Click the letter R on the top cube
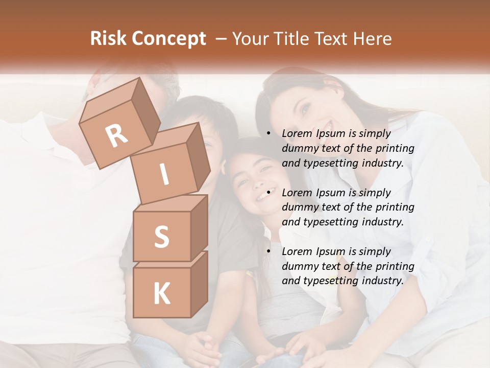pyautogui.click(x=117, y=135)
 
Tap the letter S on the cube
pyautogui.click(x=161, y=237)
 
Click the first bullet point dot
pyautogui.click(x=269, y=134)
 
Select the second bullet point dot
pyautogui.click(x=269, y=193)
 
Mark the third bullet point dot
pyautogui.click(x=269, y=252)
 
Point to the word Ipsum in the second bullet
pyautogui.click(x=331, y=193)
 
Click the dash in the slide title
pyautogui.click(x=222, y=39)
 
